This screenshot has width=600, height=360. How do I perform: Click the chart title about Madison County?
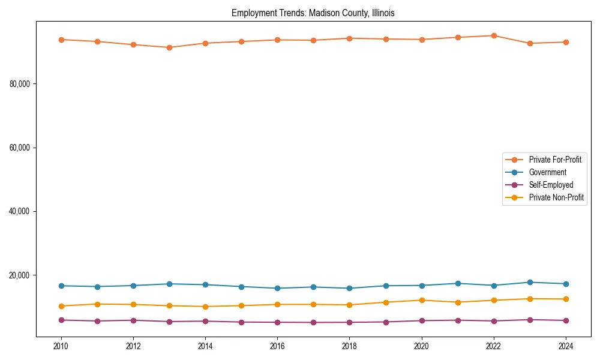tap(313, 13)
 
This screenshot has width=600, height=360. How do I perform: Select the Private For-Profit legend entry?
tap(555, 160)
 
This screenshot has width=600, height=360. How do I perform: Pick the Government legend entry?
tap(547, 172)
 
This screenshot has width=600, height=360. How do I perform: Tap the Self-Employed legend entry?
tap(551, 185)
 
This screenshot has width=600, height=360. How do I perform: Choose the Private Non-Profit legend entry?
tap(556, 197)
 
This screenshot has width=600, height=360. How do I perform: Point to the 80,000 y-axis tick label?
tap(20, 84)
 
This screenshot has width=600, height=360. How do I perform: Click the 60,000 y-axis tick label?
tap(20, 148)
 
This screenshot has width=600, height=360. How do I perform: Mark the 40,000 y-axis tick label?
tap(20, 212)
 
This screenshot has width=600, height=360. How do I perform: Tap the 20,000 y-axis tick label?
tap(20, 275)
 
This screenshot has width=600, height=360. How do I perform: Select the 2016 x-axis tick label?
tap(277, 346)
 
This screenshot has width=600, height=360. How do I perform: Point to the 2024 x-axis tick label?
tap(566, 346)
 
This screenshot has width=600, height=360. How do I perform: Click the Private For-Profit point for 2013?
tap(169, 47)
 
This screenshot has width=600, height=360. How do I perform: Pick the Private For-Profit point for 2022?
tap(494, 35)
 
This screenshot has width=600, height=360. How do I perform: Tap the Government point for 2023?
tap(530, 282)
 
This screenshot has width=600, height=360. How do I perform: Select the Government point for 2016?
tap(277, 288)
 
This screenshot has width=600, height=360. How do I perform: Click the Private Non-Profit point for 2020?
tap(422, 300)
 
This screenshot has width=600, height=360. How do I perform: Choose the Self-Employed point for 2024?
tap(566, 320)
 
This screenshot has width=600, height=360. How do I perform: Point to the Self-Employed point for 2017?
tap(313, 322)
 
